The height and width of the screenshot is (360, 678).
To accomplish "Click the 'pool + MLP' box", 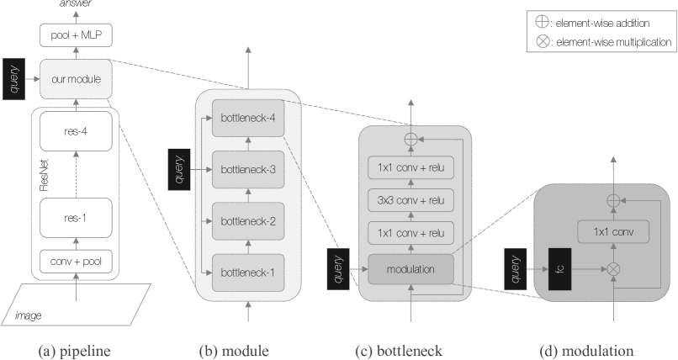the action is coord(76,35).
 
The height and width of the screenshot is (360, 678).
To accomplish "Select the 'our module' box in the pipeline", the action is coord(76,79).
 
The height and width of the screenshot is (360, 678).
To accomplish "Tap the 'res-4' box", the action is coord(76,131).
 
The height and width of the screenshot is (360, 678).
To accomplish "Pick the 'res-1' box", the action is coord(76,218).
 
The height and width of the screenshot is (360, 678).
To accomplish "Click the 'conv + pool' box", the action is coord(76,262).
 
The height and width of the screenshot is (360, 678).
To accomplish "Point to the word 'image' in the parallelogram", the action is coord(29,315).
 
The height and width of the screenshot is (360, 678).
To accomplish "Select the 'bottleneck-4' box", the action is coord(248,118).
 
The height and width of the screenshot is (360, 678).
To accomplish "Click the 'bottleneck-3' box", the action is coord(248,169).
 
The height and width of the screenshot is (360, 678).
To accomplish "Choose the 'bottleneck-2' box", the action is coord(248,221).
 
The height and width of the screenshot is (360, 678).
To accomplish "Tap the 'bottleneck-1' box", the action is coord(248,273).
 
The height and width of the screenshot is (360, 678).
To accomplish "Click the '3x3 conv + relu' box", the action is coord(411,200).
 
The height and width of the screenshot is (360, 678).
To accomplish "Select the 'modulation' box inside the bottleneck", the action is coord(411,269).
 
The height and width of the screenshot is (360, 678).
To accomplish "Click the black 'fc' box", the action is coord(560,269).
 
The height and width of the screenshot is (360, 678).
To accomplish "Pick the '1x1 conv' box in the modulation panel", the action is coord(613,231).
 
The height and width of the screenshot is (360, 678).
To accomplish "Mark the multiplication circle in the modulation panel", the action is coord(613,269).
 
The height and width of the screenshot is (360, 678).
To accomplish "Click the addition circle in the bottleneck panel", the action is coord(411,139).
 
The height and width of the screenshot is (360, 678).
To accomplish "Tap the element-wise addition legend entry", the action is coord(592,23).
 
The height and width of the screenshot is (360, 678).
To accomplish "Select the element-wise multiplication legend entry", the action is coord(604,42).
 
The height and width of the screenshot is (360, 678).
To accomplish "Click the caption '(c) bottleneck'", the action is coord(399,351).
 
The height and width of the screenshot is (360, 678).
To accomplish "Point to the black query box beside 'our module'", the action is coord(13,79).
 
